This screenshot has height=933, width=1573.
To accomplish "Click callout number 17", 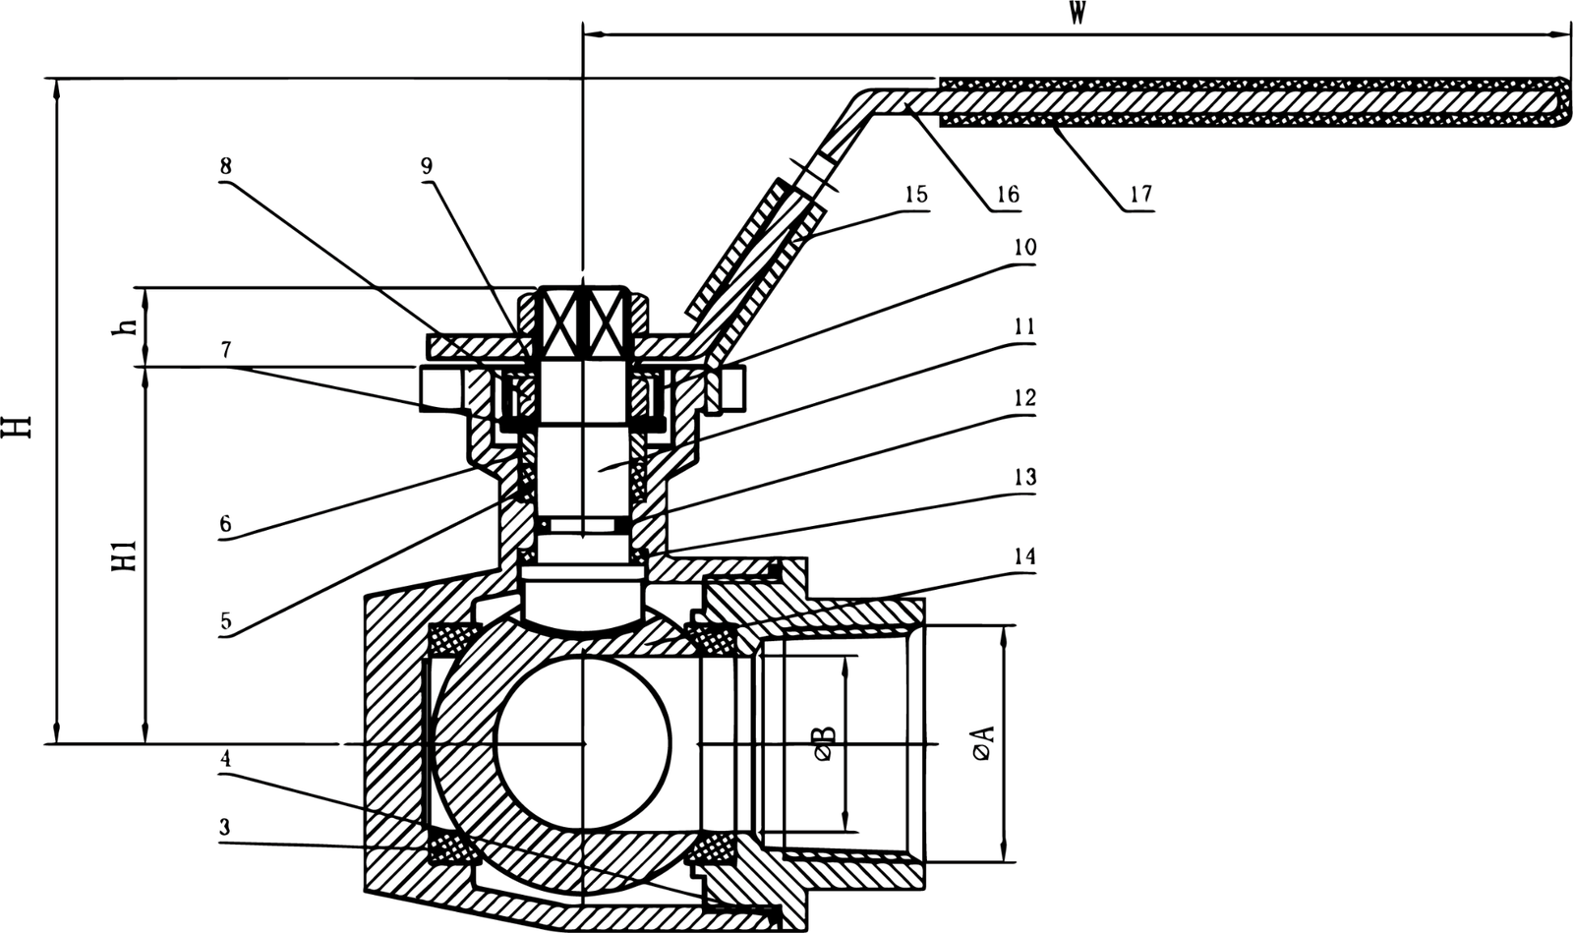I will click(x=1139, y=195).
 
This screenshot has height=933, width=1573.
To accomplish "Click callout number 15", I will click(x=914, y=195).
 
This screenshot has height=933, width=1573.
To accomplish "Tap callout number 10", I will click(x=1024, y=247).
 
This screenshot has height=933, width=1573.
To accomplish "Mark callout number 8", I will click(x=227, y=166).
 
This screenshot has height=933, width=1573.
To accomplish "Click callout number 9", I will click(x=426, y=166).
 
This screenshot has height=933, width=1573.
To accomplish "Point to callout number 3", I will click(x=225, y=828).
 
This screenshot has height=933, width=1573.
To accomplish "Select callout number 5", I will click(x=225, y=621).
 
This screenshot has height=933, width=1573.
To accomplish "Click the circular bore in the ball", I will click(x=583, y=743).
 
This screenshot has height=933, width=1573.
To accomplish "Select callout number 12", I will click(x=1024, y=399).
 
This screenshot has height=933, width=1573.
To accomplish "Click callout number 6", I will click(x=225, y=524).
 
